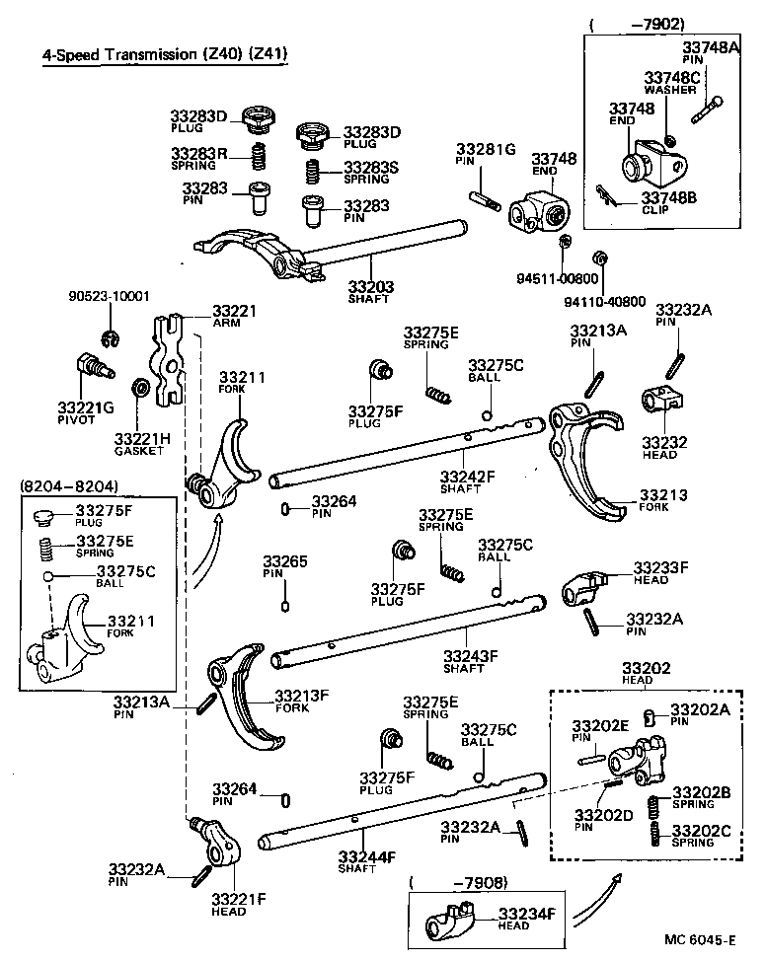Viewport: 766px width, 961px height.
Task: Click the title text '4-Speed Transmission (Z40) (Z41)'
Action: click(164, 55)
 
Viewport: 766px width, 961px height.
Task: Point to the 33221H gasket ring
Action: click(140, 387)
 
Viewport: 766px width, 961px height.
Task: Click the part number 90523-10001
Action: click(110, 296)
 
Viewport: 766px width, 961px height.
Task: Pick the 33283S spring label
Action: click(371, 172)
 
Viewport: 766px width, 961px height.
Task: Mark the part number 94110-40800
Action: click(632, 301)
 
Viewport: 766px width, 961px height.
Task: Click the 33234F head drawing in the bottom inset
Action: click(453, 924)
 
